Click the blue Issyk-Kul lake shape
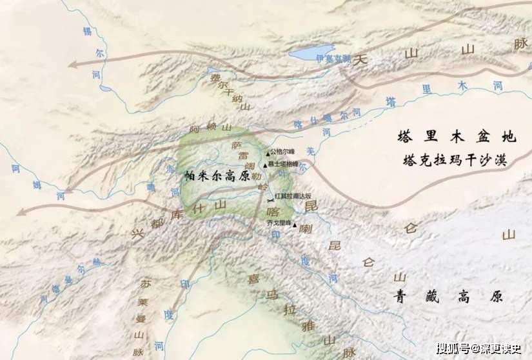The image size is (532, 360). pos(312,51)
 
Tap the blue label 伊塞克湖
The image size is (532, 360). pos(333,59)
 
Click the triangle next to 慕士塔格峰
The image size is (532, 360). pos(264,165)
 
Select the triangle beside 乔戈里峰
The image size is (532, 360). pos(295,226)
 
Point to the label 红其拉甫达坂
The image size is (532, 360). pos(293,195)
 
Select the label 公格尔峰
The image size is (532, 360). pos(282,152)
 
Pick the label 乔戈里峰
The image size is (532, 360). pos(279,223)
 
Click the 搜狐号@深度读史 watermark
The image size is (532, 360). pos(478,349)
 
